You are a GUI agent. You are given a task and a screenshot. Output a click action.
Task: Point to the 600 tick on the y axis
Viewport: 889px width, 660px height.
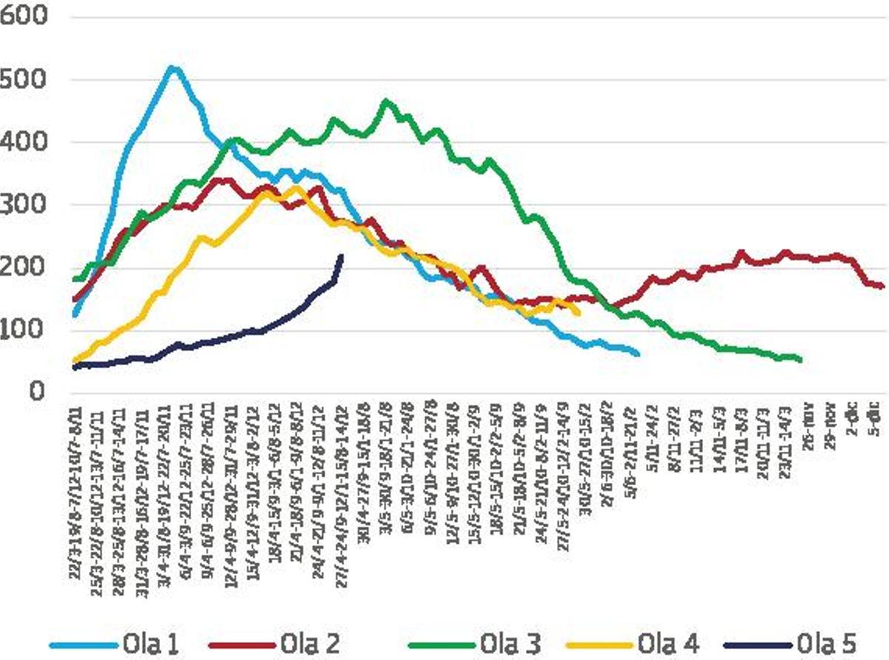tap(24, 18)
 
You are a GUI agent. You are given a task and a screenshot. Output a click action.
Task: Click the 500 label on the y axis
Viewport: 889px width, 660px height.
tap(24, 80)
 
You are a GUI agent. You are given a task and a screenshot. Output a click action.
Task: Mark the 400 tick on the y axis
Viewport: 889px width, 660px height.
tap(24, 142)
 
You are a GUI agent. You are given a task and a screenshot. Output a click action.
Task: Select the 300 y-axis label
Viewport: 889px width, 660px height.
tap(24, 205)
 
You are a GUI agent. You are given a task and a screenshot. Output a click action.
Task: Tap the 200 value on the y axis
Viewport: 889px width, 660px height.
tap(24, 267)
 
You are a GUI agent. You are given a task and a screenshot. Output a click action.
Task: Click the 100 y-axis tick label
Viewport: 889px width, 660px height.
tap(24, 330)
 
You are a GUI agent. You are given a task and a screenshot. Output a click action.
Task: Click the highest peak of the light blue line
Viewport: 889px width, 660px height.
tap(172, 68)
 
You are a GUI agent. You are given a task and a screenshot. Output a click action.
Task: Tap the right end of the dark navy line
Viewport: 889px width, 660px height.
tap(341, 256)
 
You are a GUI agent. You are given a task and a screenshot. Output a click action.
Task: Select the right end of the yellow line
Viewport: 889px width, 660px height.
tap(578, 313)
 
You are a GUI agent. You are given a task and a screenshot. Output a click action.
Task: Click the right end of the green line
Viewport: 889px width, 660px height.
tap(800, 360)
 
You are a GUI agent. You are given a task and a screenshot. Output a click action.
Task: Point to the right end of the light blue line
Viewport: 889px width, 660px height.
tap(638, 354)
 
